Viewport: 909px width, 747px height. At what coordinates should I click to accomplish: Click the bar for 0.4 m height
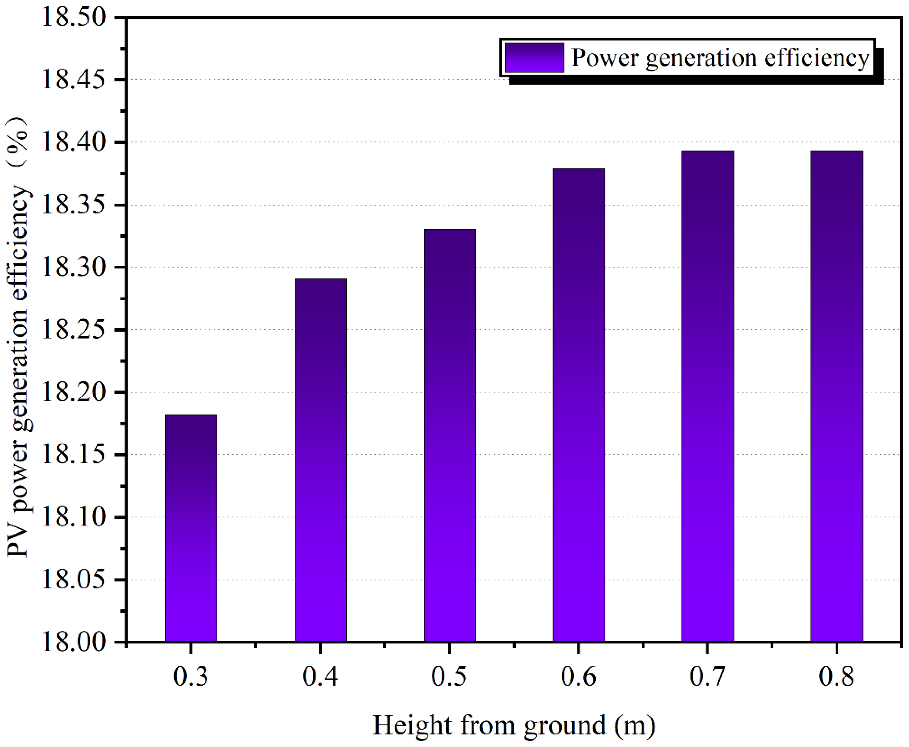321,460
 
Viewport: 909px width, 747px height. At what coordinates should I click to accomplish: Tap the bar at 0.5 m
450,436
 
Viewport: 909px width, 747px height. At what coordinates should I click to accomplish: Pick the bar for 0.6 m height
579,405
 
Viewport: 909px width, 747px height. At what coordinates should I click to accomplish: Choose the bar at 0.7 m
707,396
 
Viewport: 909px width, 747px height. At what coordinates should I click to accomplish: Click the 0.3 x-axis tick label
191,677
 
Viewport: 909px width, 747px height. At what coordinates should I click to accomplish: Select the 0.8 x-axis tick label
836,677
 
